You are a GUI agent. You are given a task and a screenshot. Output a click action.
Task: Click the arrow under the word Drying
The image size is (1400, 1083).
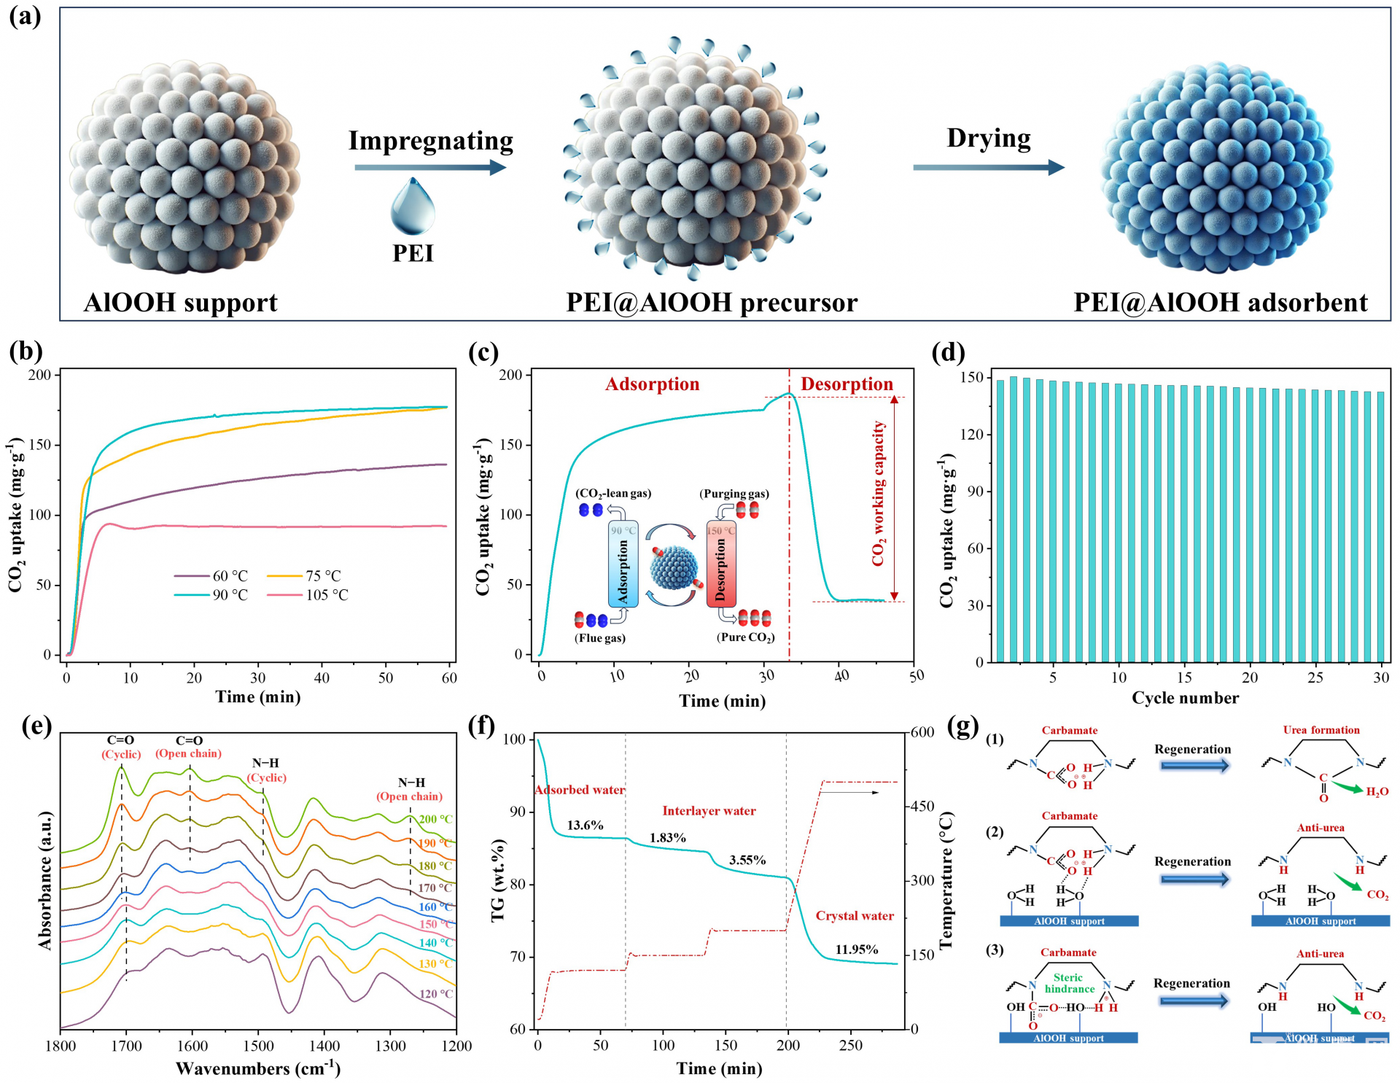pyautogui.click(x=988, y=167)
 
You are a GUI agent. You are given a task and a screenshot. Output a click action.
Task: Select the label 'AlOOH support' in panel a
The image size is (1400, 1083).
pyautogui.click(x=180, y=303)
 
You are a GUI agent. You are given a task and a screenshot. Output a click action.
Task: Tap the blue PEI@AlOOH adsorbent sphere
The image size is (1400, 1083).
pyautogui.click(x=1217, y=168)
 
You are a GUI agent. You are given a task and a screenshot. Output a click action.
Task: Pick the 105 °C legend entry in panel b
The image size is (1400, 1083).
pyautogui.click(x=326, y=595)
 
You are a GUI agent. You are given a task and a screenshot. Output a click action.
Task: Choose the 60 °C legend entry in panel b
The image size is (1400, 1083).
pyautogui.click(x=229, y=576)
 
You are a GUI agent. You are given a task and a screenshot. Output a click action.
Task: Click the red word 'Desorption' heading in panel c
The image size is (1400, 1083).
pyautogui.click(x=847, y=384)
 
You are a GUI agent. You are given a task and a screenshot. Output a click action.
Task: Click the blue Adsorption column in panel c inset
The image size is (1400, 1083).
pyautogui.click(x=623, y=564)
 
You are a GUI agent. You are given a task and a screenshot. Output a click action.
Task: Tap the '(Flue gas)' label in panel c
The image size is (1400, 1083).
pyautogui.click(x=600, y=638)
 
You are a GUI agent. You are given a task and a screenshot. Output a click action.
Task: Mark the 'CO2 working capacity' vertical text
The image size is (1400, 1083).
pyautogui.click(x=878, y=494)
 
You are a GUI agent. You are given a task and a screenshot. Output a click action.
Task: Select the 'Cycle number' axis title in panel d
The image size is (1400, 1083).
pyautogui.click(x=1185, y=698)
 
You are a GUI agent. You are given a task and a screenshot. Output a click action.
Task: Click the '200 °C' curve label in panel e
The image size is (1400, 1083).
pyautogui.click(x=435, y=819)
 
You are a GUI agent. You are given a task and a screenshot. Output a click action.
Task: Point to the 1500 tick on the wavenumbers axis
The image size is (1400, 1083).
pyautogui.click(x=259, y=1046)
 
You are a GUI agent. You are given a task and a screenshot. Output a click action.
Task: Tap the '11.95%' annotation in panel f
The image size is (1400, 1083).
pyautogui.click(x=856, y=950)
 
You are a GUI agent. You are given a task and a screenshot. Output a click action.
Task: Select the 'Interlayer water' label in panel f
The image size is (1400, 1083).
pyautogui.click(x=709, y=811)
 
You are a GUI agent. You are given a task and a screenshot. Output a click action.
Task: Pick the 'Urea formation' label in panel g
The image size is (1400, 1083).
pyautogui.click(x=1321, y=730)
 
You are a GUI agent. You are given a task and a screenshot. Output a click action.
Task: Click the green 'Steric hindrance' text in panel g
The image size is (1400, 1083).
pyautogui.click(x=1069, y=983)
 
